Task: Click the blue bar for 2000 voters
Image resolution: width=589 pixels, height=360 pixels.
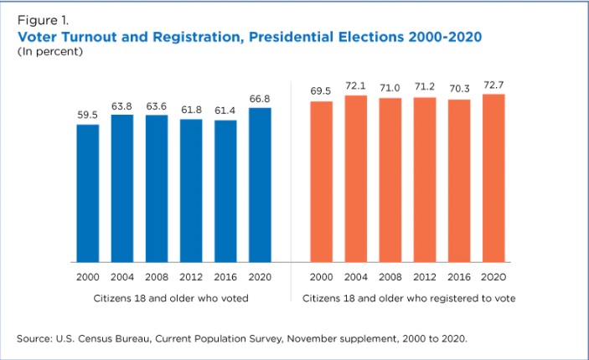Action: [x=88, y=193]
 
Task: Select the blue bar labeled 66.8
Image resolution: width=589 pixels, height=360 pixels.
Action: [x=260, y=184]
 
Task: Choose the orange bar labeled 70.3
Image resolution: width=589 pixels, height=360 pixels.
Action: [x=460, y=180]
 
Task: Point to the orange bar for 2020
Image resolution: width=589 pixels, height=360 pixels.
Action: [x=494, y=177]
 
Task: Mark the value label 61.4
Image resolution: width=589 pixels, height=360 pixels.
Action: [x=225, y=111]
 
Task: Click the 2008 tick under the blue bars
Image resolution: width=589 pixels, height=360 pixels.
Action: [x=157, y=276]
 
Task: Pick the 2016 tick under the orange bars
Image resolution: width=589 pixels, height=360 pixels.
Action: [x=460, y=276]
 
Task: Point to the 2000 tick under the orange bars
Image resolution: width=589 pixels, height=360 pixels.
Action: [x=322, y=276]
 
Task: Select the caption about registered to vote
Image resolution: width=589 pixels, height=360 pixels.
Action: [x=408, y=297]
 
